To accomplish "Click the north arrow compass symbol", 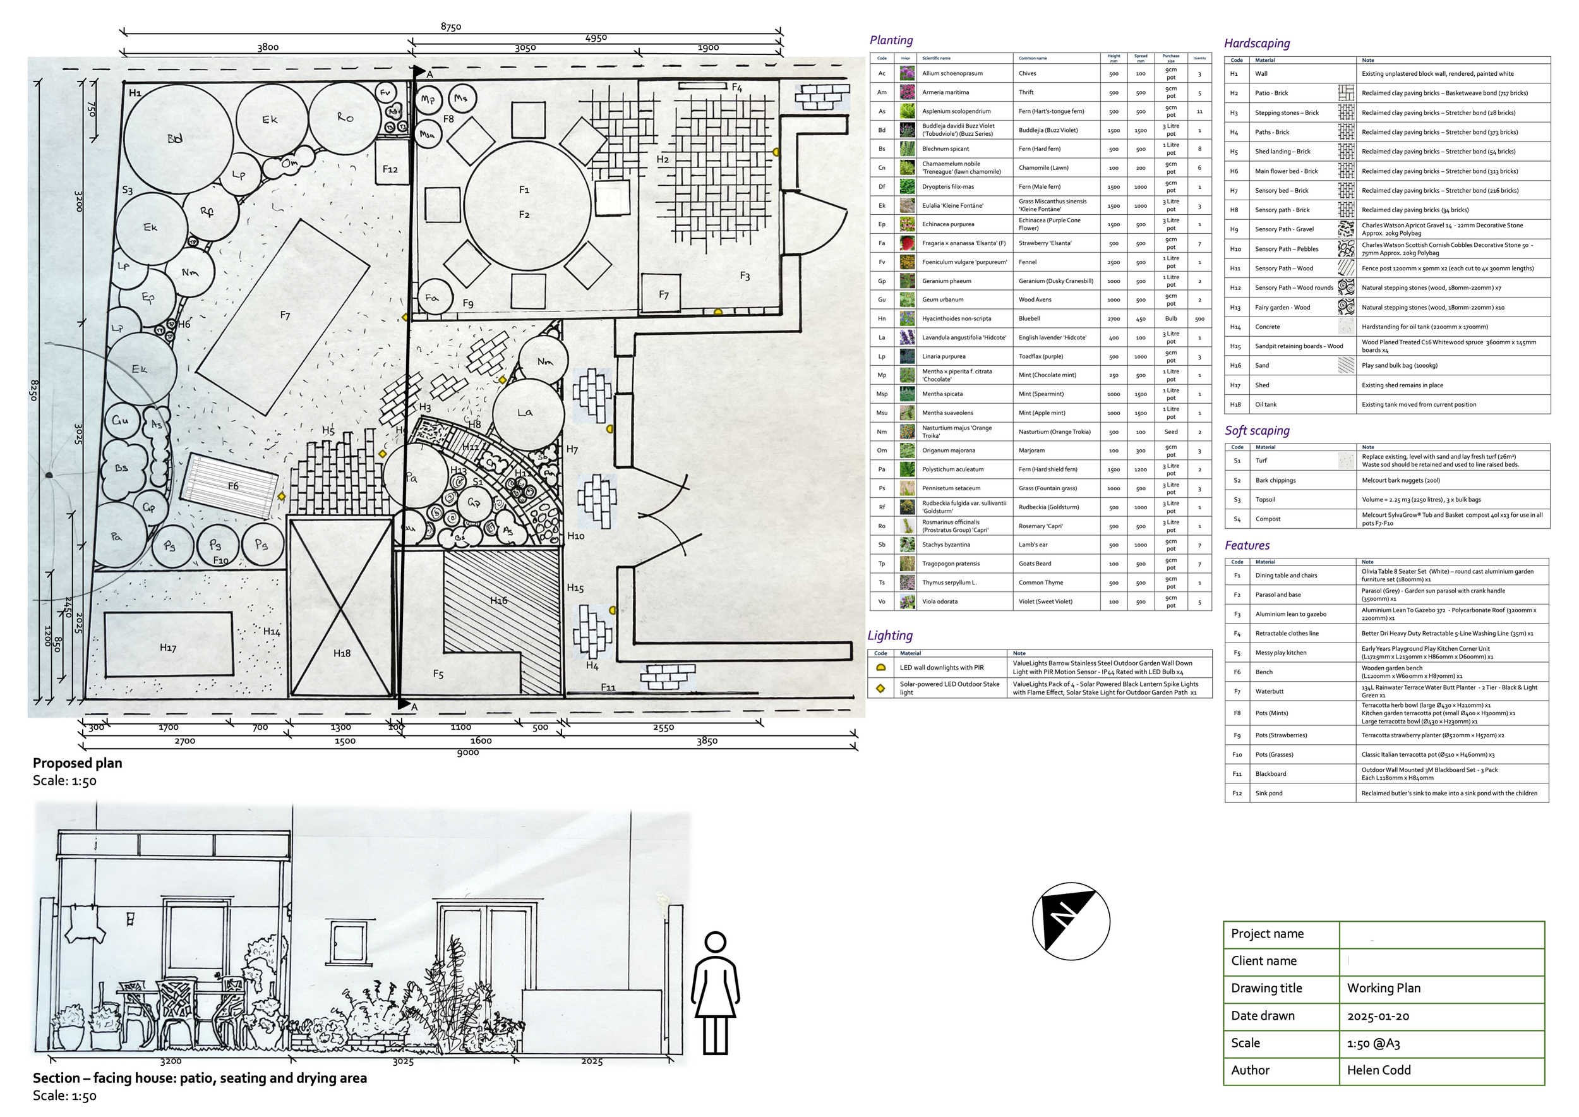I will (1071, 921).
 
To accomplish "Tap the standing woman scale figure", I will (715, 993).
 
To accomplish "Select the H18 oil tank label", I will (342, 653).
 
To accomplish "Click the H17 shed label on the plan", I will (168, 647).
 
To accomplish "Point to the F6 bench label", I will (233, 486).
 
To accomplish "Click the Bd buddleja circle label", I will (175, 138).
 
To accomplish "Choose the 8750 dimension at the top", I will (450, 27).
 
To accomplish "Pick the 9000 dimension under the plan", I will (467, 752).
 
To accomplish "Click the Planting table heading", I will (891, 40).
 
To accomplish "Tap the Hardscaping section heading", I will (1256, 44).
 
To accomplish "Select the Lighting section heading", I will (890, 636).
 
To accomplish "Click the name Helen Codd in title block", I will (1378, 1070).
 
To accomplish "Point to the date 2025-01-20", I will (1378, 1016).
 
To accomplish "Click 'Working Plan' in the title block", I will (1383, 988).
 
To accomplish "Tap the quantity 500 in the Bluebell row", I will (1199, 319).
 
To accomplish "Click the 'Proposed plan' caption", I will (78, 763).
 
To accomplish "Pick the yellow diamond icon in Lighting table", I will (880, 689).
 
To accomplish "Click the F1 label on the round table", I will (524, 189).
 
